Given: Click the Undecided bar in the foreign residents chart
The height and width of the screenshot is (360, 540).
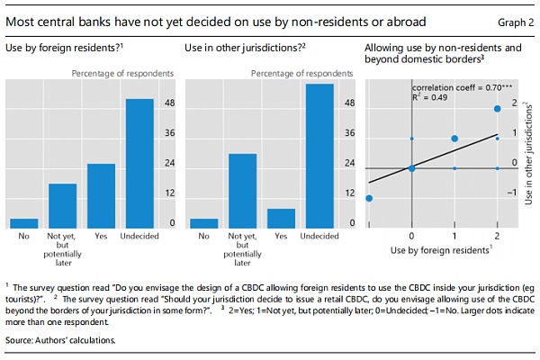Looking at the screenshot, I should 139,162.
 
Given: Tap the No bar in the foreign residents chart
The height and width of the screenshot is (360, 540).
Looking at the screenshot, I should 24,223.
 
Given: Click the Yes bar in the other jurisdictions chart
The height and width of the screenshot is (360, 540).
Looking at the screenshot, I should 282,218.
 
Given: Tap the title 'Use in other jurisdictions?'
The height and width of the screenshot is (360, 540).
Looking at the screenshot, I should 240,47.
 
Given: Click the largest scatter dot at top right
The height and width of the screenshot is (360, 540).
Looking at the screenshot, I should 498,109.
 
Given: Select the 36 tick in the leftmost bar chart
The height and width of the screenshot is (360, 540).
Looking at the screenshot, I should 169,133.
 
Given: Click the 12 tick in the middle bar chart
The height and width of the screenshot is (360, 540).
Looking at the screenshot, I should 350,193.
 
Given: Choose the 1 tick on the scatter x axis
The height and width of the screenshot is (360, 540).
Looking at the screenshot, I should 454,234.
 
